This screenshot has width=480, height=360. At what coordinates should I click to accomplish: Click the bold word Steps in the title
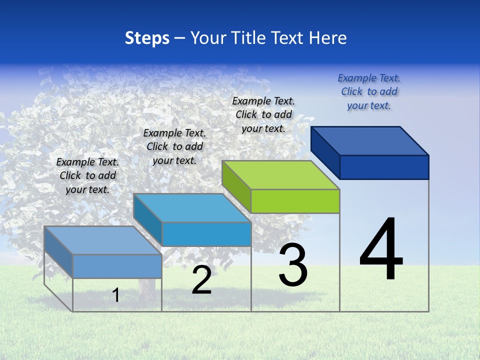click(x=147, y=38)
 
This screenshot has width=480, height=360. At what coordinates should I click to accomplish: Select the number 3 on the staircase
click(x=293, y=265)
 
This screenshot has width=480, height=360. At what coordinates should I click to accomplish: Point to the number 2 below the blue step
click(x=201, y=280)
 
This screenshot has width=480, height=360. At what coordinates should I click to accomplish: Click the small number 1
click(x=116, y=295)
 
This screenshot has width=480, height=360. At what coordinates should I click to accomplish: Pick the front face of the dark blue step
click(x=384, y=167)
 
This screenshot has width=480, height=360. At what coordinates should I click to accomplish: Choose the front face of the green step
click(x=295, y=201)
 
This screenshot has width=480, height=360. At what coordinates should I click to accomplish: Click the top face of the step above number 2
click(x=192, y=208)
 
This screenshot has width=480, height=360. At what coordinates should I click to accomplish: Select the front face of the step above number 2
click(x=206, y=234)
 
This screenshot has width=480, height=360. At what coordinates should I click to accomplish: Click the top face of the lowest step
click(x=103, y=240)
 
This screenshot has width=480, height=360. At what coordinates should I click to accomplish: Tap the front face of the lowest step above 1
click(x=117, y=266)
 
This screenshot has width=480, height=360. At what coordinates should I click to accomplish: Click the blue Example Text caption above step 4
click(x=369, y=92)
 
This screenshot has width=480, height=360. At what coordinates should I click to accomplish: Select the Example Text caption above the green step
click(x=263, y=114)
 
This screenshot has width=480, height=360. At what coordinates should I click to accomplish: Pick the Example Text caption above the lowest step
click(x=87, y=175)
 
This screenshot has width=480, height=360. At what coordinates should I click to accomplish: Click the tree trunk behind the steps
click(x=146, y=290)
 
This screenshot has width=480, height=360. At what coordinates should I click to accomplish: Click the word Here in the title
click(x=327, y=38)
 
